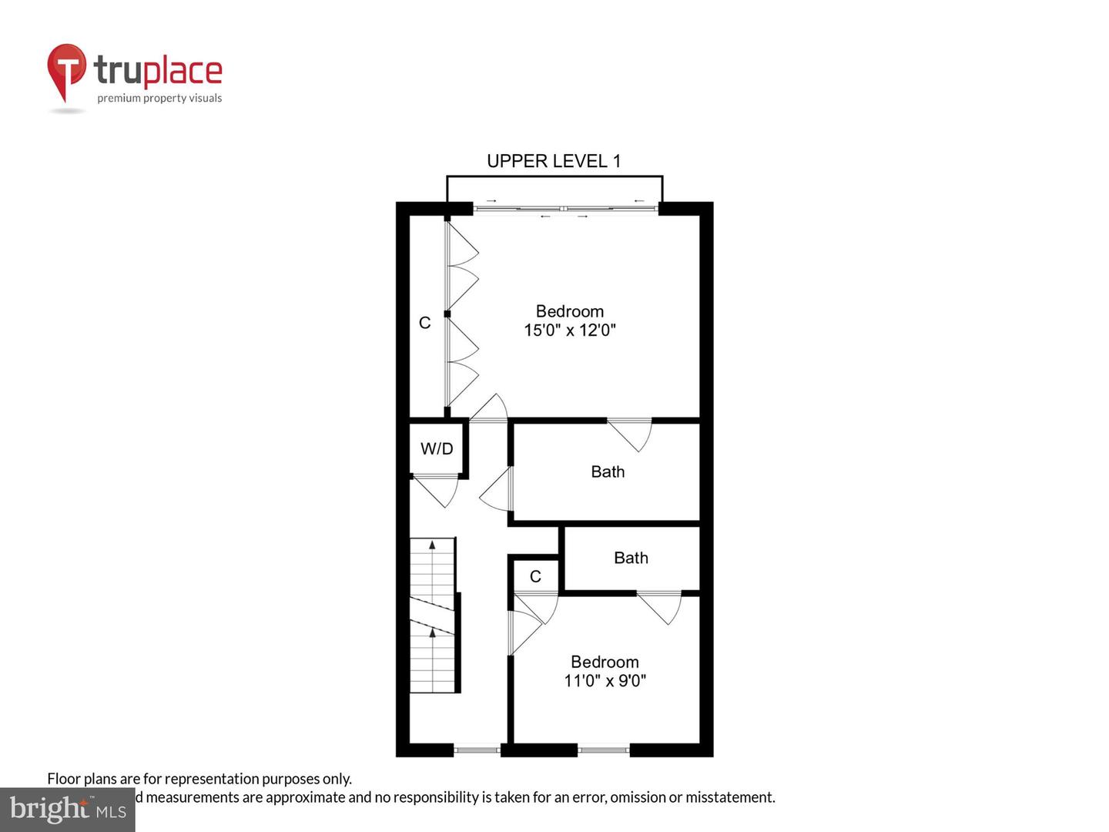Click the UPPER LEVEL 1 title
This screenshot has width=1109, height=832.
click(553, 161)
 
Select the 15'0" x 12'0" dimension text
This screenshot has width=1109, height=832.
click(570, 330)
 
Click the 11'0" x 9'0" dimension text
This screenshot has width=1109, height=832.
click(605, 681)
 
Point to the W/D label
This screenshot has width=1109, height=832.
click(437, 448)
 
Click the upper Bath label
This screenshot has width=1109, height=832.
click(608, 471)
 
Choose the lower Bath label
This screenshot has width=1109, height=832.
click(631, 558)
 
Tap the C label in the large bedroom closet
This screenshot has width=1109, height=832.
click(424, 323)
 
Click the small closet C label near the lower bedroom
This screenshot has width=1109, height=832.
click(535, 576)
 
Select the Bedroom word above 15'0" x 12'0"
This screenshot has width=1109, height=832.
click(570, 311)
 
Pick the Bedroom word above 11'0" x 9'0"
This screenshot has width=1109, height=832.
click(605, 662)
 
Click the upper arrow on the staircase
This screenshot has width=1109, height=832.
click(432, 545)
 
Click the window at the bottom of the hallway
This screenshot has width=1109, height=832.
click(477, 749)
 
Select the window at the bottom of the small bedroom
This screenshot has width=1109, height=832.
click(603, 749)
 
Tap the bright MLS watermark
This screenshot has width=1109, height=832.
click(68, 810)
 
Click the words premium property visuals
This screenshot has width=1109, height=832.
click(159, 99)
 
